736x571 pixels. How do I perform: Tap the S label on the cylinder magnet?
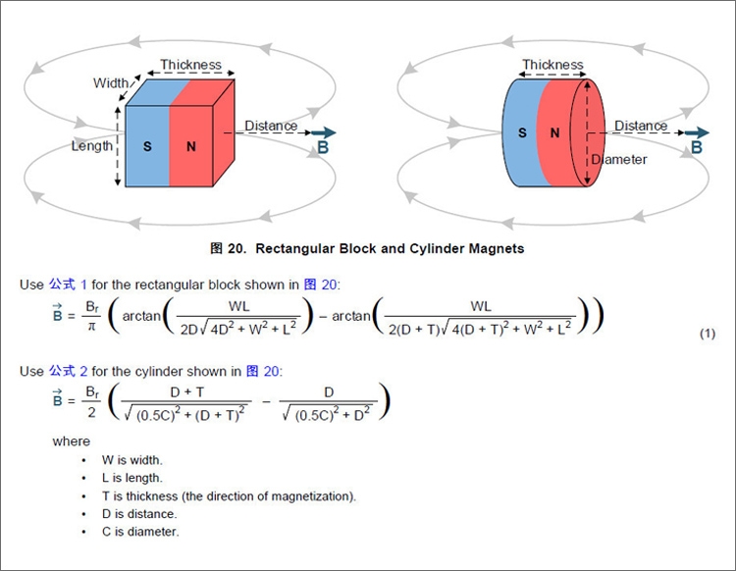(x=522, y=132)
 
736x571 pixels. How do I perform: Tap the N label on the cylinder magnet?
(x=554, y=132)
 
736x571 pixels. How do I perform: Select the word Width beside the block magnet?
(x=111, y=83)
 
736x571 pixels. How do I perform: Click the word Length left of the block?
(x=92, y=146)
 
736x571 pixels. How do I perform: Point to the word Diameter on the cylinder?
(x=619, y=159)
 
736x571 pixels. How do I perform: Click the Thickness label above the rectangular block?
(x=191, y=65)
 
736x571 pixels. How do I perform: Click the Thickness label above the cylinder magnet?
(x=552, y=65)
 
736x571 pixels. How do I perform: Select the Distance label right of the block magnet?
(x=271, y=126)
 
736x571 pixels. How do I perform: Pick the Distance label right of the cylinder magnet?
(x=641, y=126)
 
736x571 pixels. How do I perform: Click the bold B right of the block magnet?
(x=323, y=148)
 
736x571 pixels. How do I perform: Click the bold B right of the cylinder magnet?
(x=697, y=147)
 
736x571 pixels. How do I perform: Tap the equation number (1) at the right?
(x=708, y=335)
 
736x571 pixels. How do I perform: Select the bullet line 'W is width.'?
(x=131, y=459)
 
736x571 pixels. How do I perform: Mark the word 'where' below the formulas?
(x=71, y=441)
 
